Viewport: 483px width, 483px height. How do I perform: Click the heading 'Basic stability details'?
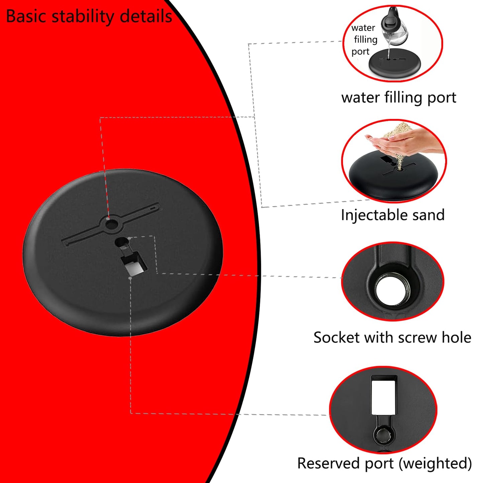tap(89, 16)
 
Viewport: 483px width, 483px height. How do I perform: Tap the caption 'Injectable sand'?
tap(392, 215)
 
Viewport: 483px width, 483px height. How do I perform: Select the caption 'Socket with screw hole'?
tap(392, 337)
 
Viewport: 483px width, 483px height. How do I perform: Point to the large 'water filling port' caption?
tap(399, 97)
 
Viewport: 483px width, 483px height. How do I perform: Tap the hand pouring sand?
tap(403, 142)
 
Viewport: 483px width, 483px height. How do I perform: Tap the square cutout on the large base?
tap(134, 265)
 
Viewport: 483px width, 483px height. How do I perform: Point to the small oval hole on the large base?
tap(122, 242)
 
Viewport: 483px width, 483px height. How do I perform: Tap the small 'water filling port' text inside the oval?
tap(364, 39)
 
